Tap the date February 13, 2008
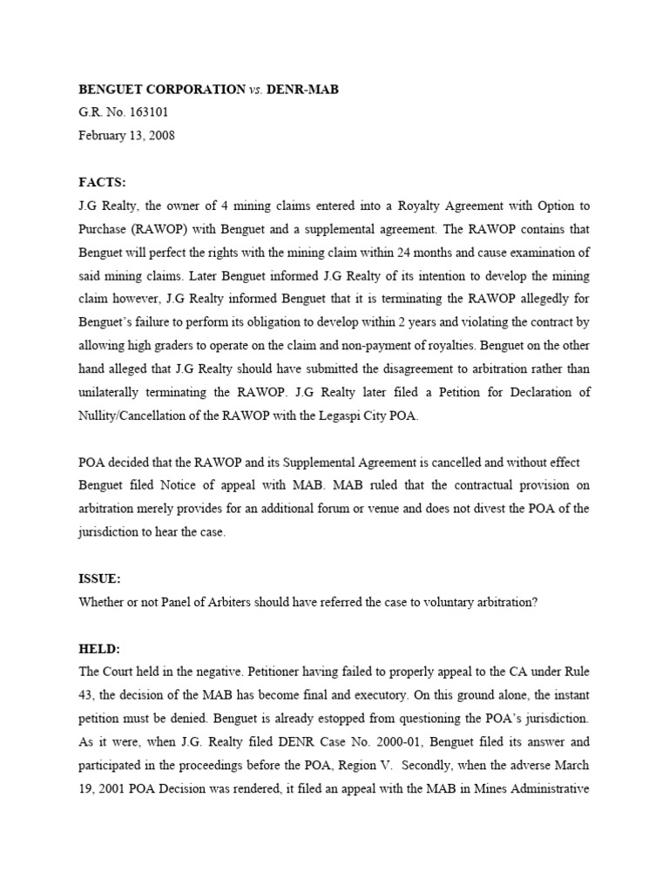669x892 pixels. [x=127, y=136]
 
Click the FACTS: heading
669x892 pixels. [x=103, y=182]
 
